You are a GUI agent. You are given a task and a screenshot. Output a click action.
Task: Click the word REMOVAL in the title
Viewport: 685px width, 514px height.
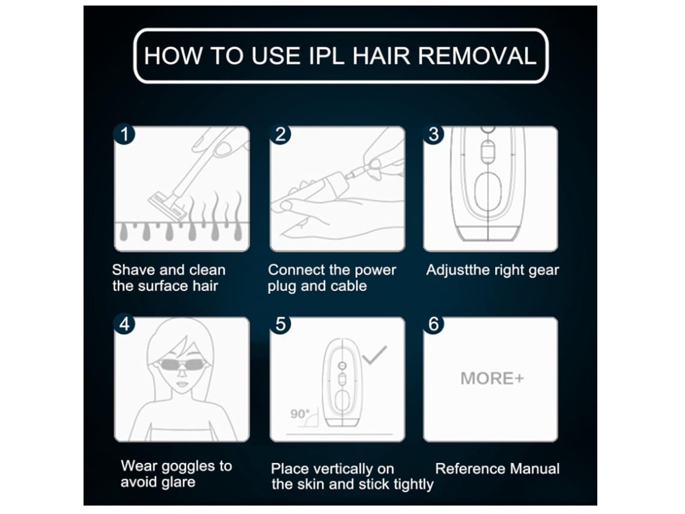(x=477, y=56)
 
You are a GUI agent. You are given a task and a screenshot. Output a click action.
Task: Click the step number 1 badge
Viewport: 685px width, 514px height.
(x=124, y=134)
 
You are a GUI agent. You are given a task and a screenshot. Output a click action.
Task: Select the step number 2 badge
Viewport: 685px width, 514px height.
(x=281, y=134)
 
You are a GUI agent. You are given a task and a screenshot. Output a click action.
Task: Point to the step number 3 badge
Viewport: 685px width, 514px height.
(x=433, y=134)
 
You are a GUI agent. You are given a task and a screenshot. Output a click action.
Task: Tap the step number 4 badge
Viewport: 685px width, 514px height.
(x=124, y=324)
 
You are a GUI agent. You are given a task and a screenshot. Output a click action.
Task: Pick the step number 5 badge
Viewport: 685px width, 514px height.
(x=281, y=324)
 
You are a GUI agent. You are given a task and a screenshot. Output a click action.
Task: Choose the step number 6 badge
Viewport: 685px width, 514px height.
(x=433, y=324)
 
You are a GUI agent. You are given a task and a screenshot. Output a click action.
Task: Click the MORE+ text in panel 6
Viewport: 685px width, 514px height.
(x=492, y=379)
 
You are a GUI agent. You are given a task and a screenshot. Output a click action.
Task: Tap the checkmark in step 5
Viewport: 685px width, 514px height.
(x=375, y=355)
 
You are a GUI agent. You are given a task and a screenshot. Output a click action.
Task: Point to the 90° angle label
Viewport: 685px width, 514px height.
(x=300, y=413)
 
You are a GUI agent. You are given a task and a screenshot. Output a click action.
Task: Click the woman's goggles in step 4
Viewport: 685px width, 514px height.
(x=181, y=364)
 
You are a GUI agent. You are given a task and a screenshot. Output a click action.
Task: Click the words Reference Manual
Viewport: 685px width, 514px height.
(x=497, y=468)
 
